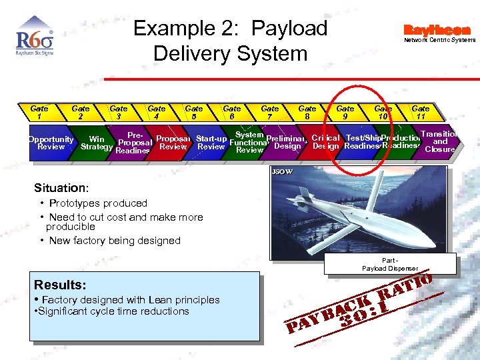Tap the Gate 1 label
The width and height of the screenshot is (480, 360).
[x=39, y=112]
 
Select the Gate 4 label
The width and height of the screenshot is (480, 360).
[x=157, y=112]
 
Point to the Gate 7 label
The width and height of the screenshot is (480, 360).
[x=270, y=112]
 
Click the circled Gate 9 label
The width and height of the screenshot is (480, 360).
[x=345, y=112]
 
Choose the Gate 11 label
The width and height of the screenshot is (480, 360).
[x=421, y=112]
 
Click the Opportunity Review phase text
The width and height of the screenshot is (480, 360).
[x=51, y=143]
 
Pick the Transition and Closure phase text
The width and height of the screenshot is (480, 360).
[x=440, y=141]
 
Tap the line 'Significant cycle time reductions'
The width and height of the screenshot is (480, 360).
[x=113, y=311]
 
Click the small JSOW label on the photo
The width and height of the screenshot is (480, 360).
[x=282, y=172]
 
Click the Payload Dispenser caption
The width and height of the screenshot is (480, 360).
[x=391, y=264]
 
